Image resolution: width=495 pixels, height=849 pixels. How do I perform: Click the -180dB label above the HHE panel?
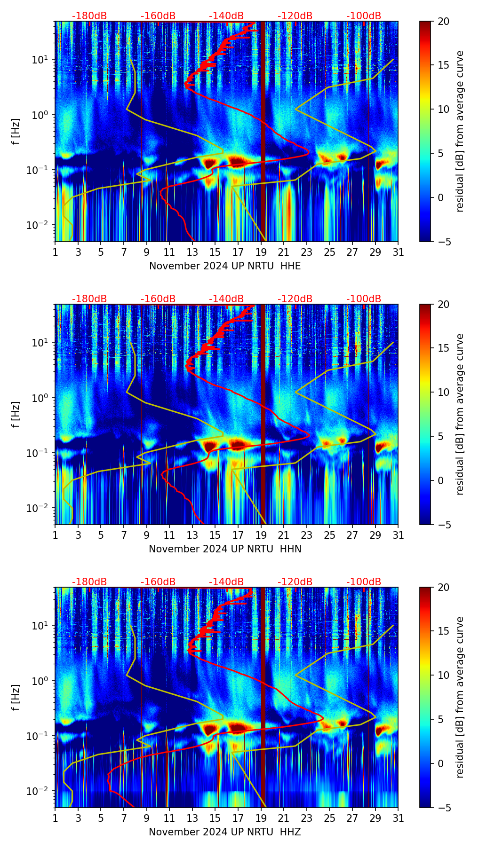(89, 16)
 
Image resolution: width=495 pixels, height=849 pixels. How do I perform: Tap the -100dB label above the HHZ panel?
(364, 582)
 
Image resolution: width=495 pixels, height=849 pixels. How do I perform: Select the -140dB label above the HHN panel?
(226, 299)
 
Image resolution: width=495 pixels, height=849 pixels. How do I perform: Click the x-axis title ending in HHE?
(225, 266)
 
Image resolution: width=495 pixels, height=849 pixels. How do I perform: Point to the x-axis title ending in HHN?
(225, 549)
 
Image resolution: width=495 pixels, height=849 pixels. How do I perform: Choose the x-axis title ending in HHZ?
(225, 832)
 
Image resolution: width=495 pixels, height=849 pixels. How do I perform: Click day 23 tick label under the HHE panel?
(307, 252)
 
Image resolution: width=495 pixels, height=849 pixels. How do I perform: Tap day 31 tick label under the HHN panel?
(398, 535)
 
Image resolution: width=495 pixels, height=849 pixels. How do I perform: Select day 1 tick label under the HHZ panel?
(56, 818)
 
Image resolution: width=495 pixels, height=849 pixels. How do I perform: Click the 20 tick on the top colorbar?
(443, 22)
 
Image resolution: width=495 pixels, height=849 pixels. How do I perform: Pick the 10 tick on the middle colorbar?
(443, 392)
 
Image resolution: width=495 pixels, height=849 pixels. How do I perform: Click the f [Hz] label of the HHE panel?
(16, 132)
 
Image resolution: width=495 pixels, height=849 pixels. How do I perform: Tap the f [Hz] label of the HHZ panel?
(16, 698)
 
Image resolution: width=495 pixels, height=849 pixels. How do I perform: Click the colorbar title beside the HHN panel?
(460, 414)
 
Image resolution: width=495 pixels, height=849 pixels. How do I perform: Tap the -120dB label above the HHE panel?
(295, 16)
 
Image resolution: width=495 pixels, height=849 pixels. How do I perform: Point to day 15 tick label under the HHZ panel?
(215, 818)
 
